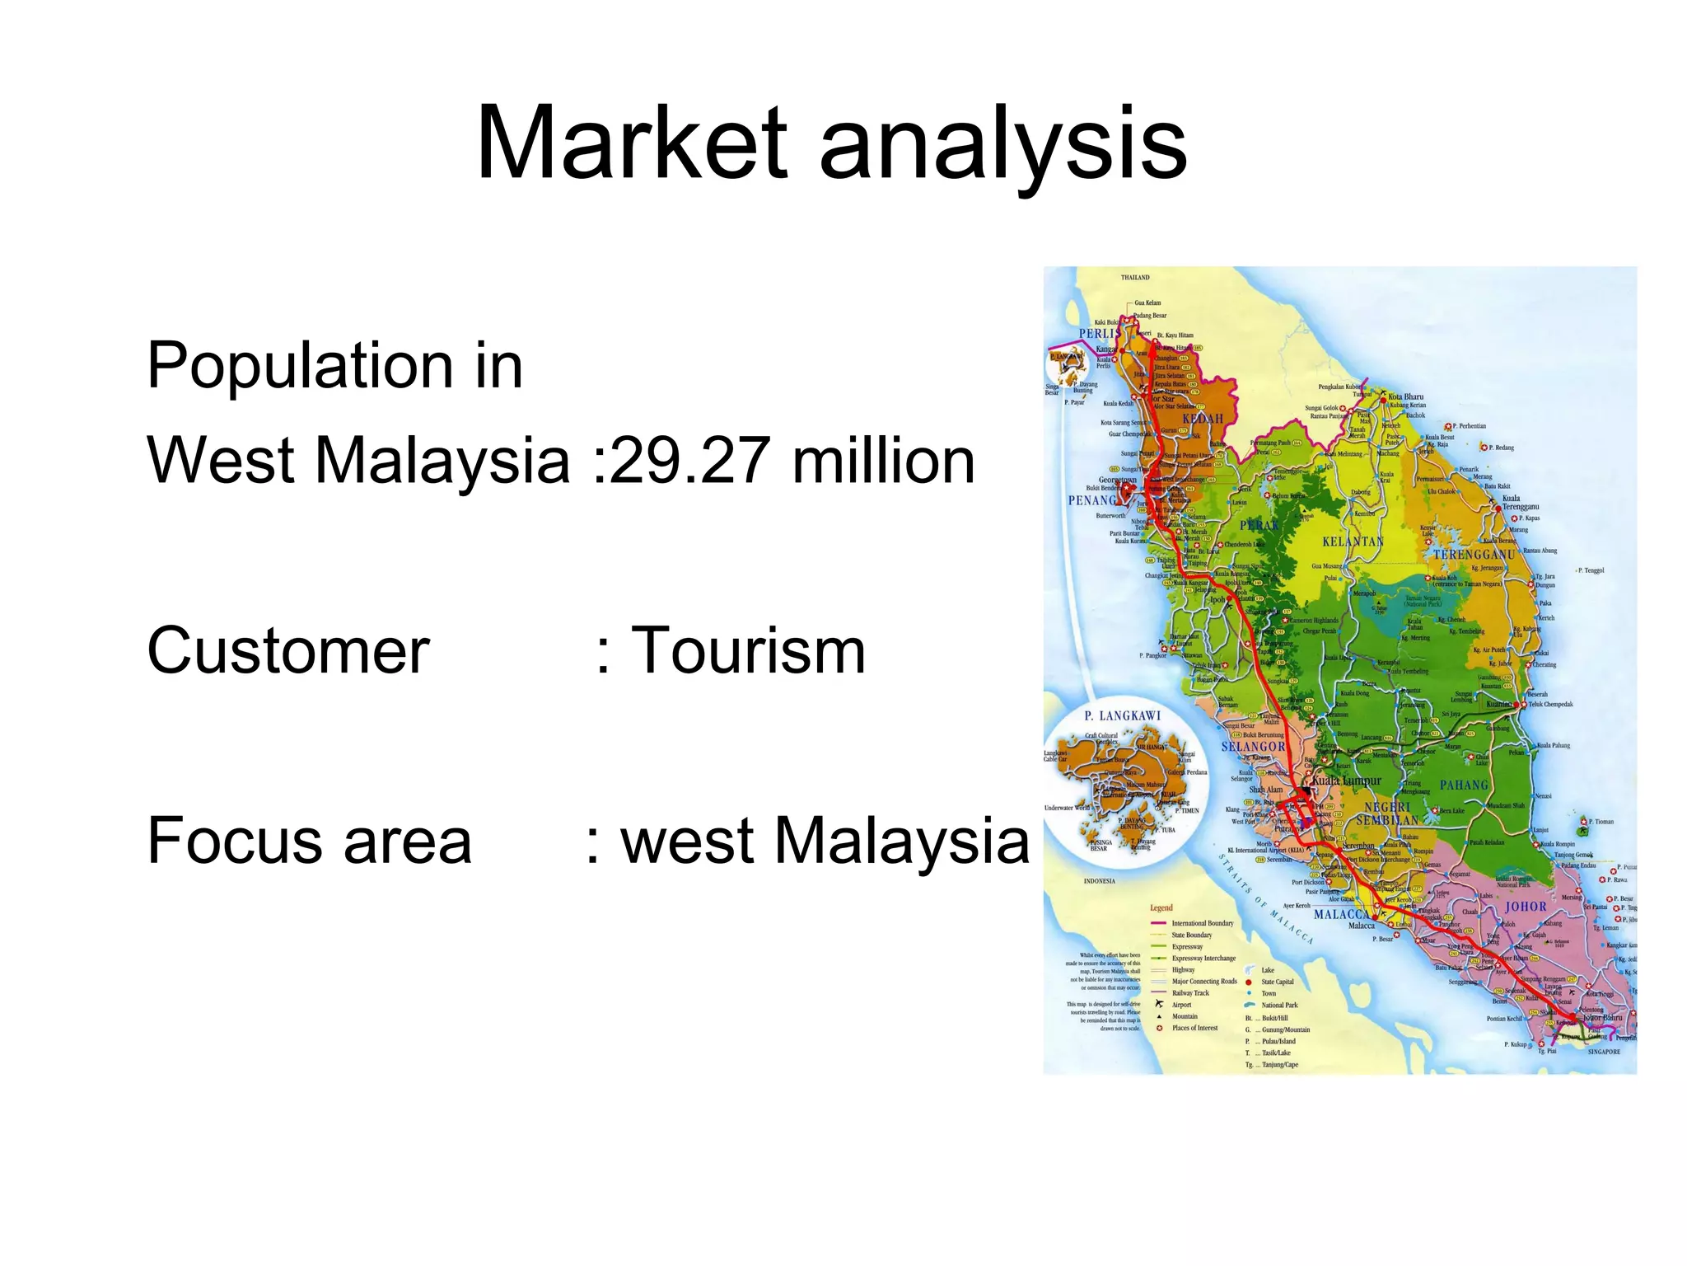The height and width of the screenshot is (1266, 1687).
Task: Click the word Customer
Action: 288,650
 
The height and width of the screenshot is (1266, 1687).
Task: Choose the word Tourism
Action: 749,650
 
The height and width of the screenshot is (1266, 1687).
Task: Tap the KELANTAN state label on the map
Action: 1353,542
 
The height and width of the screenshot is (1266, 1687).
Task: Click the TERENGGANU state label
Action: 1474,555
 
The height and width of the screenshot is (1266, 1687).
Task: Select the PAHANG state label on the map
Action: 1464,785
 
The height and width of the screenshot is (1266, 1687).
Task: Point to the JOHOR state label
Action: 1526,907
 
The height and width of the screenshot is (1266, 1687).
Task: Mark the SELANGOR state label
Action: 1253,747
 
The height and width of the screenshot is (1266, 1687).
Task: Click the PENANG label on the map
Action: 1092,500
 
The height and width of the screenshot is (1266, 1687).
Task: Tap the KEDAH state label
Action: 1203,419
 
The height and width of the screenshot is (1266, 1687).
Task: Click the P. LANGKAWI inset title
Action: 1122,715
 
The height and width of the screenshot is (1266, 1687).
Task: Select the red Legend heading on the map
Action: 1161,907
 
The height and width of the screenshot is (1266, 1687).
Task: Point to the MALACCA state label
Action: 1341,915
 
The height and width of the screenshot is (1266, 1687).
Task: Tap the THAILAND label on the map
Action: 1134,278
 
